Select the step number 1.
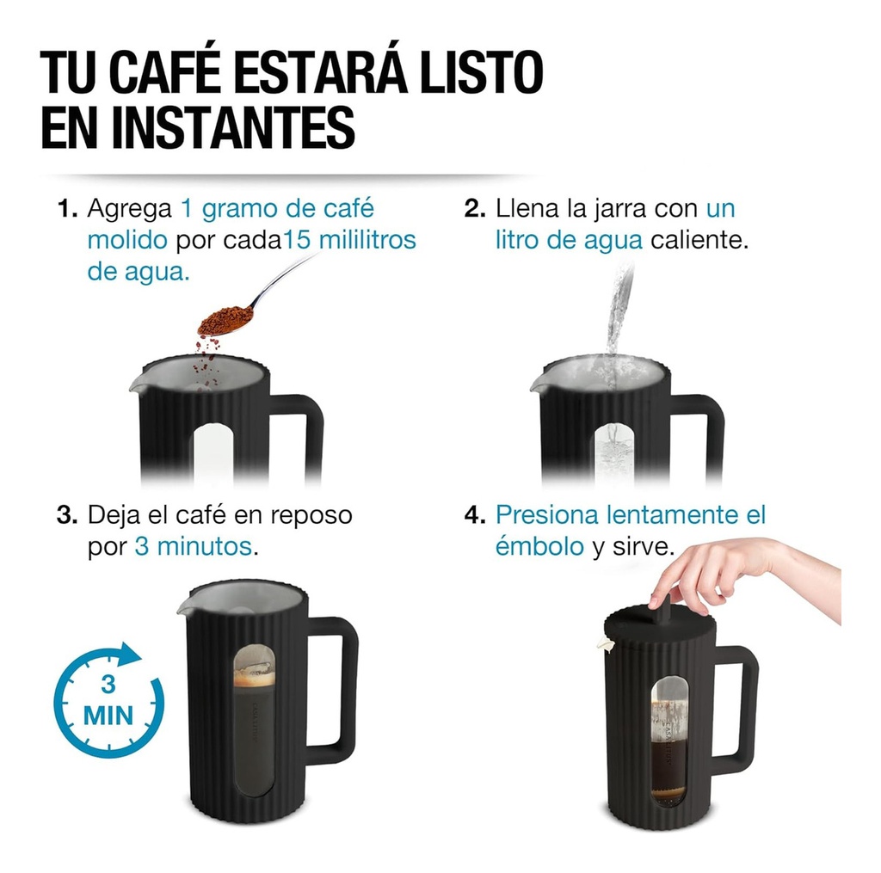(66, 209)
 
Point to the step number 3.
(66, 515)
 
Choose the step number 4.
(474, 515)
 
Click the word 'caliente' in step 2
(699, 240)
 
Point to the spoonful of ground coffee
(225, 319)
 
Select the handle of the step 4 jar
(739, 710)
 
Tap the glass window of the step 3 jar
(255, 722)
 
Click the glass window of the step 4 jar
(668, 740)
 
